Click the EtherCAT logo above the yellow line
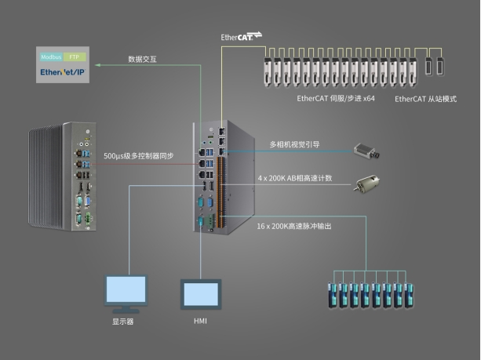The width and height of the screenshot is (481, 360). click(x=242, y=36)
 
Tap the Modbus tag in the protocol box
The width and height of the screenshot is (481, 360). click(x=51, y=57)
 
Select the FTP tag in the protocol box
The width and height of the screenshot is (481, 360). click(x=75, y=57)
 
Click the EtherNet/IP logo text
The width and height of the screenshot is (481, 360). click(x=62, y=72)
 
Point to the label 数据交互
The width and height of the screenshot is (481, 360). click(x=142, y=59)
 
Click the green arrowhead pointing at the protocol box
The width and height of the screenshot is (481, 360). click(x=98, y=65)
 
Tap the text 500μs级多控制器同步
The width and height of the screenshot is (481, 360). click(x=139, y=156)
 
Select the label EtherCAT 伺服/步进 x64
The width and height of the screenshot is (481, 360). click(x=336, y=99)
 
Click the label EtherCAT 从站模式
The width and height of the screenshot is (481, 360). click(x=425, y=99)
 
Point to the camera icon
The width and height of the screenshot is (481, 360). click(x=366, y=151)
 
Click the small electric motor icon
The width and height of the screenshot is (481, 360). click(x=367, y=184)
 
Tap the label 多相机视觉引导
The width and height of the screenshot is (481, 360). click(x=294, y=144)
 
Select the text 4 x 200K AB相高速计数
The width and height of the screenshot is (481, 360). click(x=295, y=178)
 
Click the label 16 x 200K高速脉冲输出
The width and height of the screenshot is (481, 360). click(x=294, y=227)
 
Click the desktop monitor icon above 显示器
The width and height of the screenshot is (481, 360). click(x=126, y=293)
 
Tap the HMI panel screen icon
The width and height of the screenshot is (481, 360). click(x=201, y=294)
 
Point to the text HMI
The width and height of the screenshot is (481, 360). click(x=200, y=321)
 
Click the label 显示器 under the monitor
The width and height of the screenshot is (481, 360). click(x=122, y=322)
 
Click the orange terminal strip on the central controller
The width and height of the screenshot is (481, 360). click(x=219, y=192)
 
